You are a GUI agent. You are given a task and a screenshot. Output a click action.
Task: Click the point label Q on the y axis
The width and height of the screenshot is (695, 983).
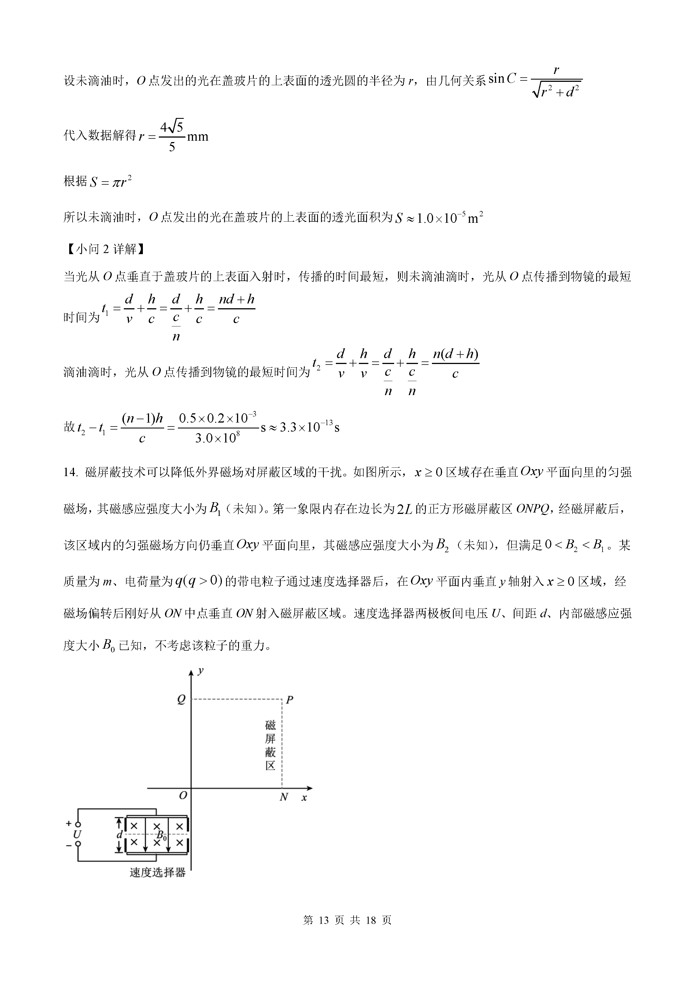tap(181, 700)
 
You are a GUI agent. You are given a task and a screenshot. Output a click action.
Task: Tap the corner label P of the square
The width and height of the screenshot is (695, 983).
tap(289, 701)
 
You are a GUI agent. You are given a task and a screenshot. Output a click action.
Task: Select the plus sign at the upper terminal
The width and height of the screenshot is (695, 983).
tap(68, 823)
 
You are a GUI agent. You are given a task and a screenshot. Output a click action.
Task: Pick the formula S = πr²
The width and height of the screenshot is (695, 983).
tap(110, 182)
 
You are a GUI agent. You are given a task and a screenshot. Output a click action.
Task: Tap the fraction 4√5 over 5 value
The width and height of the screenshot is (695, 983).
tap(172, 136)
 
